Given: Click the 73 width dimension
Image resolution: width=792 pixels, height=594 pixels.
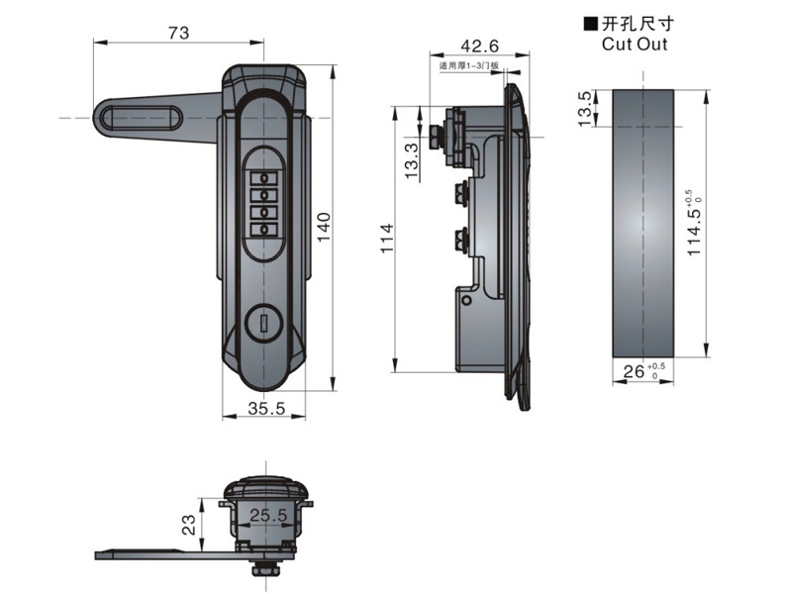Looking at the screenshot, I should click(x=178, y=33).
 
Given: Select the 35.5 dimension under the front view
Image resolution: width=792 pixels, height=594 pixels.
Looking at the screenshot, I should click(x=265, y=407).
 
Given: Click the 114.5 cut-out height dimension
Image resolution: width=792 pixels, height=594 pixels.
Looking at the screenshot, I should click(x=695, y=224).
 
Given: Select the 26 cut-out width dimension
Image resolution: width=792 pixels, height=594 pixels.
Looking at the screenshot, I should click(x=634, y=372).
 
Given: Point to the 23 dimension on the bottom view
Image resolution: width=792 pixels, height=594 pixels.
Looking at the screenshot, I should click(x=189, y=524).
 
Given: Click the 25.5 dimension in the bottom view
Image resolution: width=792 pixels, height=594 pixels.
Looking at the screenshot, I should click(x=268, y=515).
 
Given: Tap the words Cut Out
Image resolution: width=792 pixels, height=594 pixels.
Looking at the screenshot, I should click(x=634, y=44).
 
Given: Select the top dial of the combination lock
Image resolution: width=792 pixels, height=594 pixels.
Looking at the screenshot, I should click(x=265, y=178).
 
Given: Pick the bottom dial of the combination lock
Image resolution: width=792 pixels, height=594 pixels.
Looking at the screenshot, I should click(x=265, y=229).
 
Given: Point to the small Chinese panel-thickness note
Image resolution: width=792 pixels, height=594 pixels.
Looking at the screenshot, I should click(x=469, y=67).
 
